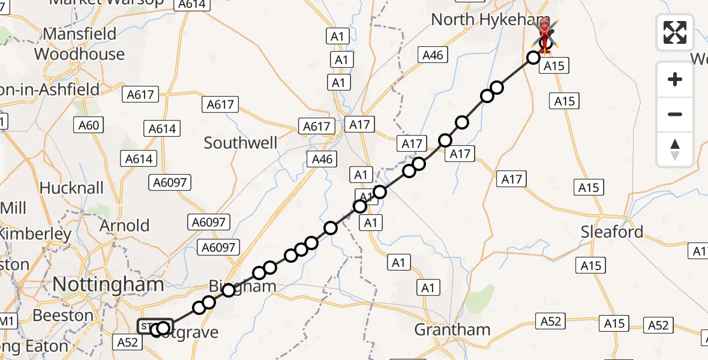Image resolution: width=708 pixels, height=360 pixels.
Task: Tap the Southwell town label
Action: pyautogui.click(x=241, y=143)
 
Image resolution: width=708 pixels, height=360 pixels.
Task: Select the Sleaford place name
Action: pyautogui.click(x=612, y=232)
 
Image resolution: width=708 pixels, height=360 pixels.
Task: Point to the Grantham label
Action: pyautogui.click(x=452, y=329)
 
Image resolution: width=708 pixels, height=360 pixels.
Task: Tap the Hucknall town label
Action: pyautogui.click(x=71, y=188)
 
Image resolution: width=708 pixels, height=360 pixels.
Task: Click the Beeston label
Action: pyautogui.click(x=63, y=315)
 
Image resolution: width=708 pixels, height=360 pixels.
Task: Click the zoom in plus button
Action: pyautogui.click(x=675, y=79)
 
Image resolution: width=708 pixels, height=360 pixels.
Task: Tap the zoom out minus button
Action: pyautogui.click(x=675, y=114)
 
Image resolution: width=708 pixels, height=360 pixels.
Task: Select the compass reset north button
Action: pyautogui.click(x=675, y=149)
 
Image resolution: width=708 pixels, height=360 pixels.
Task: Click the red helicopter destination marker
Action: pyautogui.click(x=545, y=30)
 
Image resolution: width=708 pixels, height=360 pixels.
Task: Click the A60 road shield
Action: pyautogui.click(x=89, y=125)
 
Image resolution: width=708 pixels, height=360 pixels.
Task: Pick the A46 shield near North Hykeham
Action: pyautogui.click(x=433, y=55)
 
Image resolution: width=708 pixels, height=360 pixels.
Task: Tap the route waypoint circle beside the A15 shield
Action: pyautogui.click(x=533, y=58)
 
